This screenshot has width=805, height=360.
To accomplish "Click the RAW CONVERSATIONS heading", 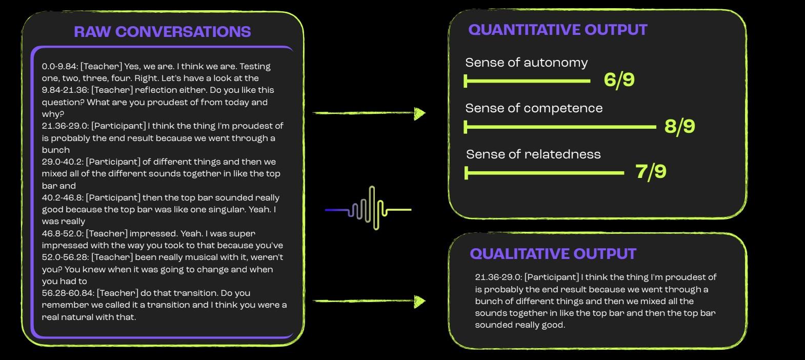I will click(x=162, y=32).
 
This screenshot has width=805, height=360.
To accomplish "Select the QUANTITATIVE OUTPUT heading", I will click(x=557, y=30).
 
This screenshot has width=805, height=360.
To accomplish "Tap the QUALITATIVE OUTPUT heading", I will click(x=553, y=254).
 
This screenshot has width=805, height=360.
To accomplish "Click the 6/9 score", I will click(x=619, y=80).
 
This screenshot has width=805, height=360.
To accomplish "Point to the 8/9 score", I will click(x=679, y=126).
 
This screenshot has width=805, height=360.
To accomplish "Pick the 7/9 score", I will click(x=651, y=171).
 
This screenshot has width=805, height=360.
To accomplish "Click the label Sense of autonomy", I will click(x=526, y=63).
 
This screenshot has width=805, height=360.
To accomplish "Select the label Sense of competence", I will click(x=534, y=108).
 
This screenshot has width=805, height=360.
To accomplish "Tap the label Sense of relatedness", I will click(x=533, y=154).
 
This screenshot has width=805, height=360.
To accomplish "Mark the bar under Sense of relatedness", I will click(x=544, y=173).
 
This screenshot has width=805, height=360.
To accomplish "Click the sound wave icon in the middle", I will click(x=369, y=209).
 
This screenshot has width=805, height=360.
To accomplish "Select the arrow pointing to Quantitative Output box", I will click(x=369, y=113).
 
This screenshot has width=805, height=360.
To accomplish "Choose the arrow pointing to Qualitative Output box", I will click(x=369, y=301).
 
